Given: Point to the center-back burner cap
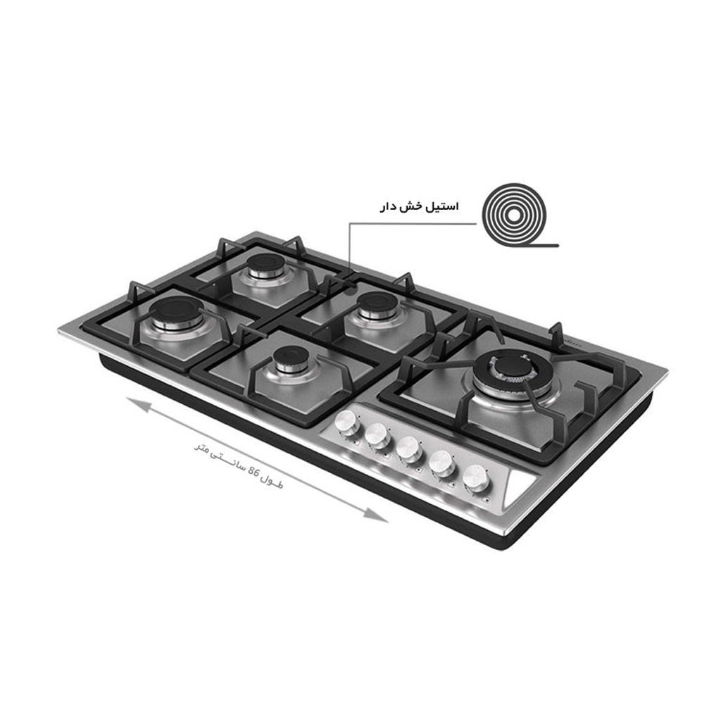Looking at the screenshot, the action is pyautogui.click(x=377, y=304).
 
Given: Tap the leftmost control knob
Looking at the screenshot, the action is pyautogui.click(x=347, y=422).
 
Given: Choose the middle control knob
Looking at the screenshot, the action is pyautogui.click(x=408, y=449).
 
